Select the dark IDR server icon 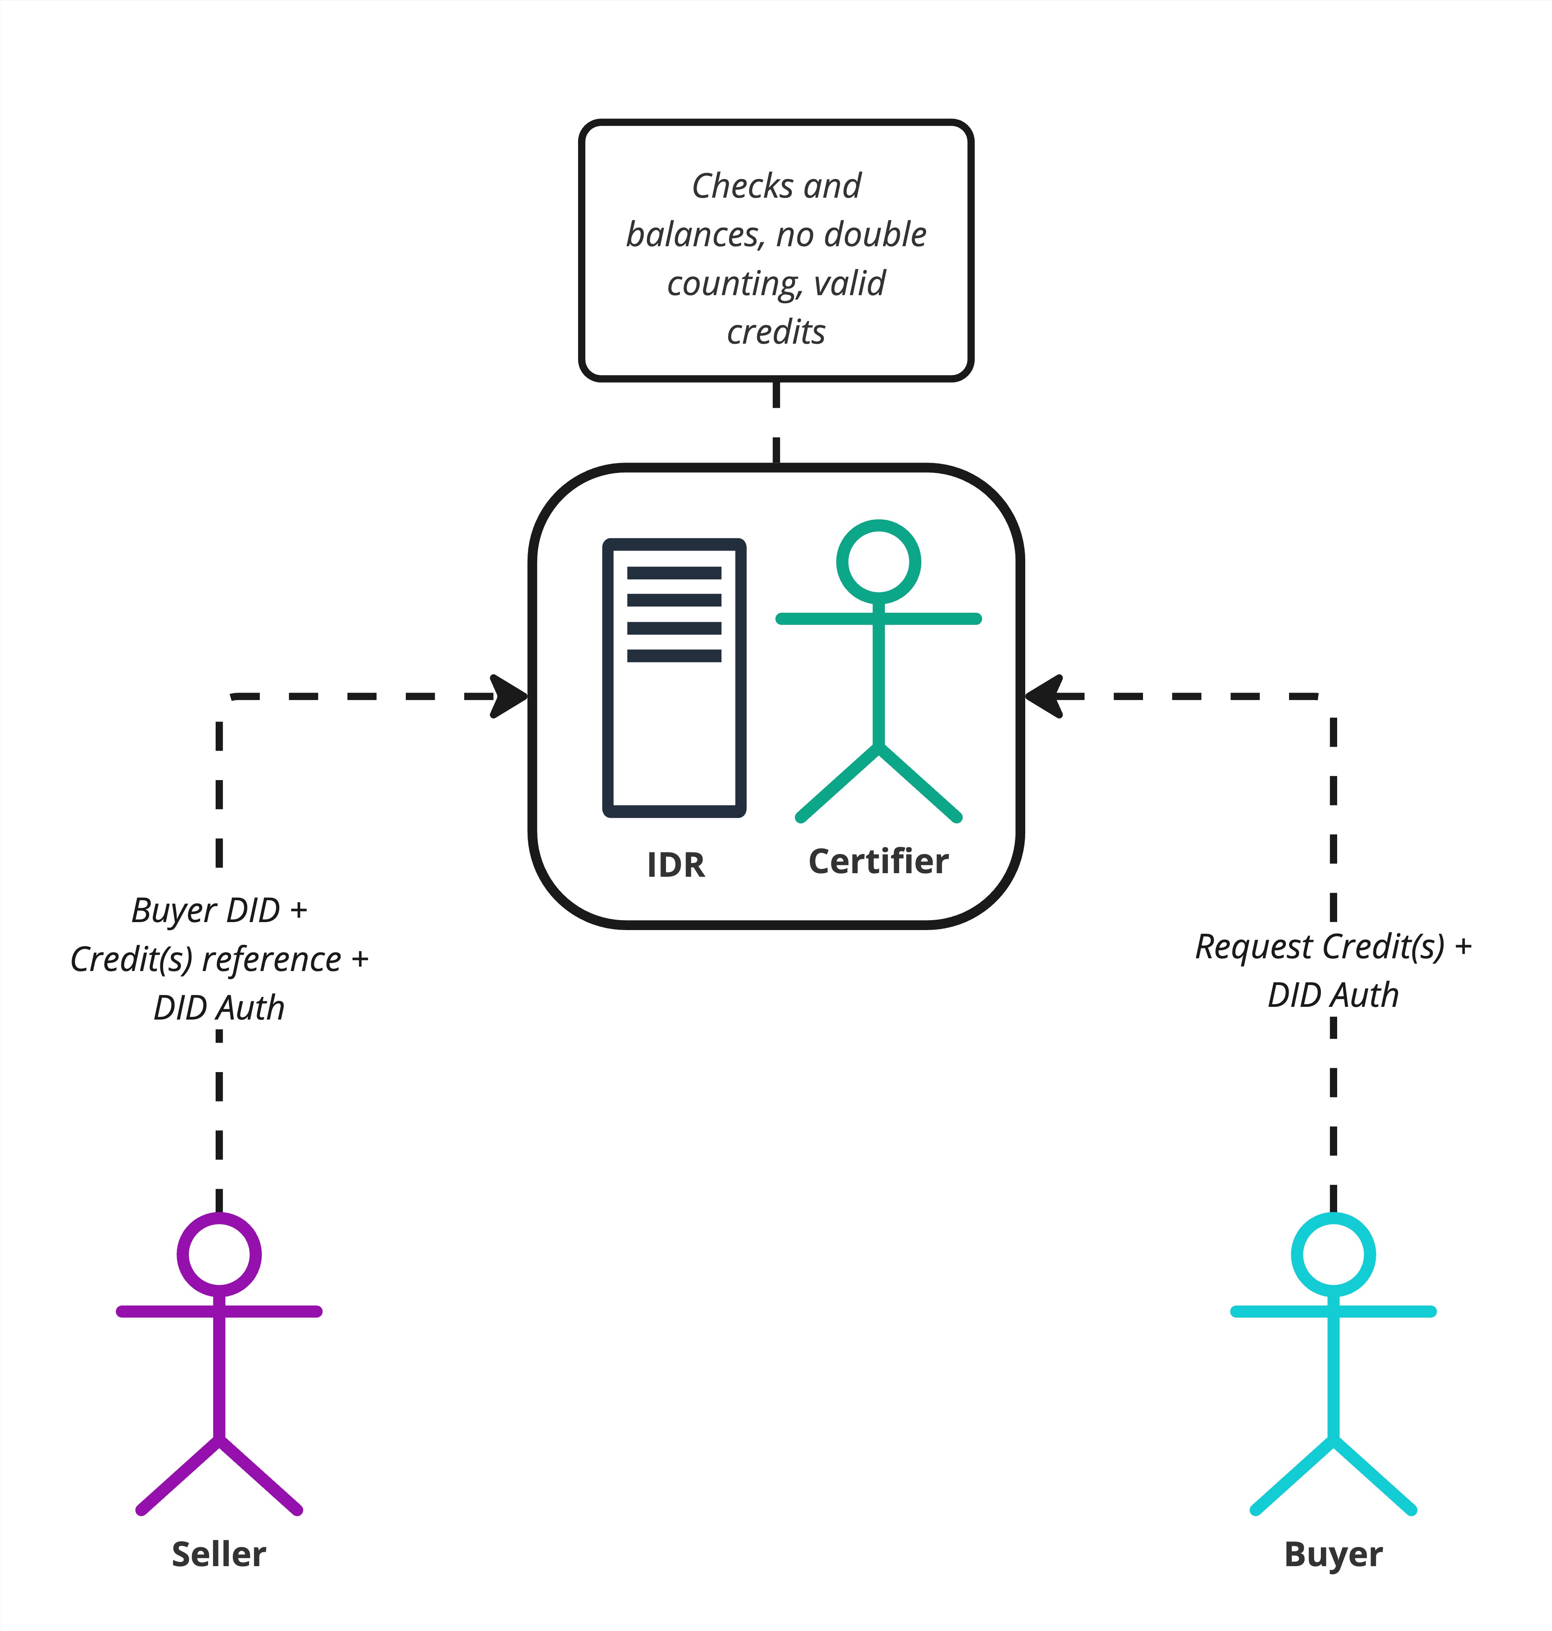point(674,678)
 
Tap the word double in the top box point(875,235)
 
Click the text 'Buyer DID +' point(219,911)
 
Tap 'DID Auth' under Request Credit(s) point(1333,995)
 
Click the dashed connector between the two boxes point(776,422)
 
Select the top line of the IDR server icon point(674,572)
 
